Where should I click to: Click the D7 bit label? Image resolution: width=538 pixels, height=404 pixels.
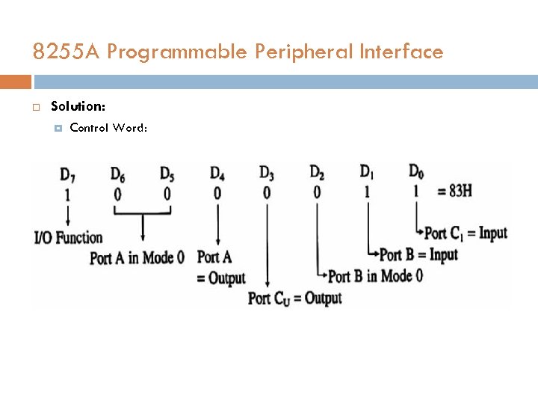tap(67, 176)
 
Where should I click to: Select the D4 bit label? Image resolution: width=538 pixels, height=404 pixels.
tap(217, 174)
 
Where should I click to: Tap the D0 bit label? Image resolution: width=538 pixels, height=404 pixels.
tap(416, 172)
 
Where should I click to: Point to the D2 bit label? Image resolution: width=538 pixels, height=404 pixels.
tap(317, 174)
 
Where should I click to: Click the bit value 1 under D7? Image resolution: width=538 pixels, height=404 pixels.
tap(67, 195)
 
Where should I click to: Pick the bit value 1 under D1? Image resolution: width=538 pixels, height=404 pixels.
tap(367, 192)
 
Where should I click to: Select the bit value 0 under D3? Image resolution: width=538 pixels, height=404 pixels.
tap(267, 193)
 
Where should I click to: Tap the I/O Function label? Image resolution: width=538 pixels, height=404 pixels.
tap(68, 238)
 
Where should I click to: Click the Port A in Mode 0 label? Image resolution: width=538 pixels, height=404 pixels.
tap(137, 258)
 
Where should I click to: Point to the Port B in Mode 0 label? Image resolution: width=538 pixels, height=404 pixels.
tap(376, 276)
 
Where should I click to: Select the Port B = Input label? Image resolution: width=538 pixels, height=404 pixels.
tap(418, 255)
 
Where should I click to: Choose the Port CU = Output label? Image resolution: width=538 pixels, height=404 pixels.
tap(294, 299)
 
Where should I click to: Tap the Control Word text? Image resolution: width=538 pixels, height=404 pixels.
tap(108, 128)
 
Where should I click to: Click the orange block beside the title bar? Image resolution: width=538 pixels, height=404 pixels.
tap(16, 82)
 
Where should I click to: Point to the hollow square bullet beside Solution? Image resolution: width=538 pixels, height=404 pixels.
tap(35, 108)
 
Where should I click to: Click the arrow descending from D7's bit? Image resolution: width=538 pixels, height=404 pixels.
tap(67, 215)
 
